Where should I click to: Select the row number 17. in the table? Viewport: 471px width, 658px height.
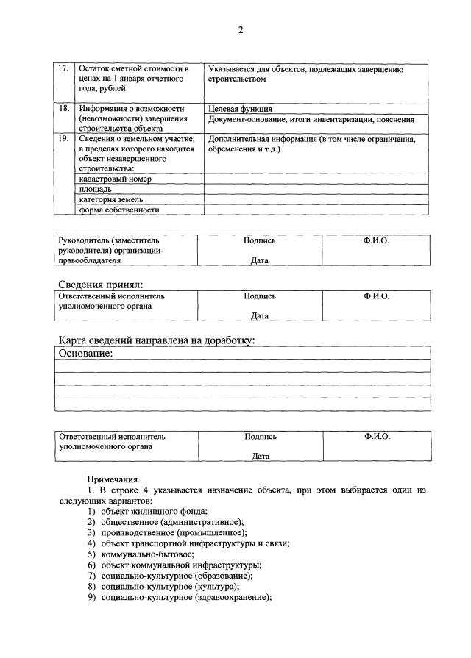[64, 69]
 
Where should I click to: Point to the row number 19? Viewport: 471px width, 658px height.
[64, 138]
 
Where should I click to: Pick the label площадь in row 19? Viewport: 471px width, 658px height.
[95, 189]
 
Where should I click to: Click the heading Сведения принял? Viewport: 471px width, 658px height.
[100, 285]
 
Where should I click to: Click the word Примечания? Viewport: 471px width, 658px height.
[113, 478]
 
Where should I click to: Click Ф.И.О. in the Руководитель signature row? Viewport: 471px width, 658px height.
[376, 240]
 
